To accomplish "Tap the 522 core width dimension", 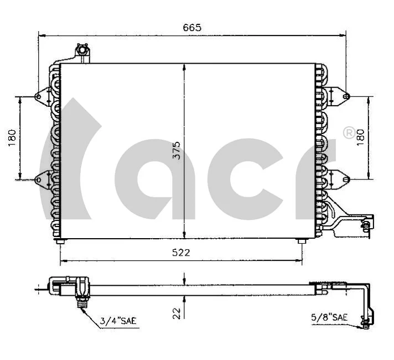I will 180,253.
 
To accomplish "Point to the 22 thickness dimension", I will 177,313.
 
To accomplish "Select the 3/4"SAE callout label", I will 117,320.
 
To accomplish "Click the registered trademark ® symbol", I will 349,133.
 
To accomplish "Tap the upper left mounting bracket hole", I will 38,97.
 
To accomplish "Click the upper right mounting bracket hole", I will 346,97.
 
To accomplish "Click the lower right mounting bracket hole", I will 346,179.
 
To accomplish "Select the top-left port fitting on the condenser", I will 82,52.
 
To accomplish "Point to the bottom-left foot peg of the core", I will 60,242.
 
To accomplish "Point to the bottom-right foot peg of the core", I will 300,242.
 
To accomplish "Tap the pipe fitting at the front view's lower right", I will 365,225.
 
